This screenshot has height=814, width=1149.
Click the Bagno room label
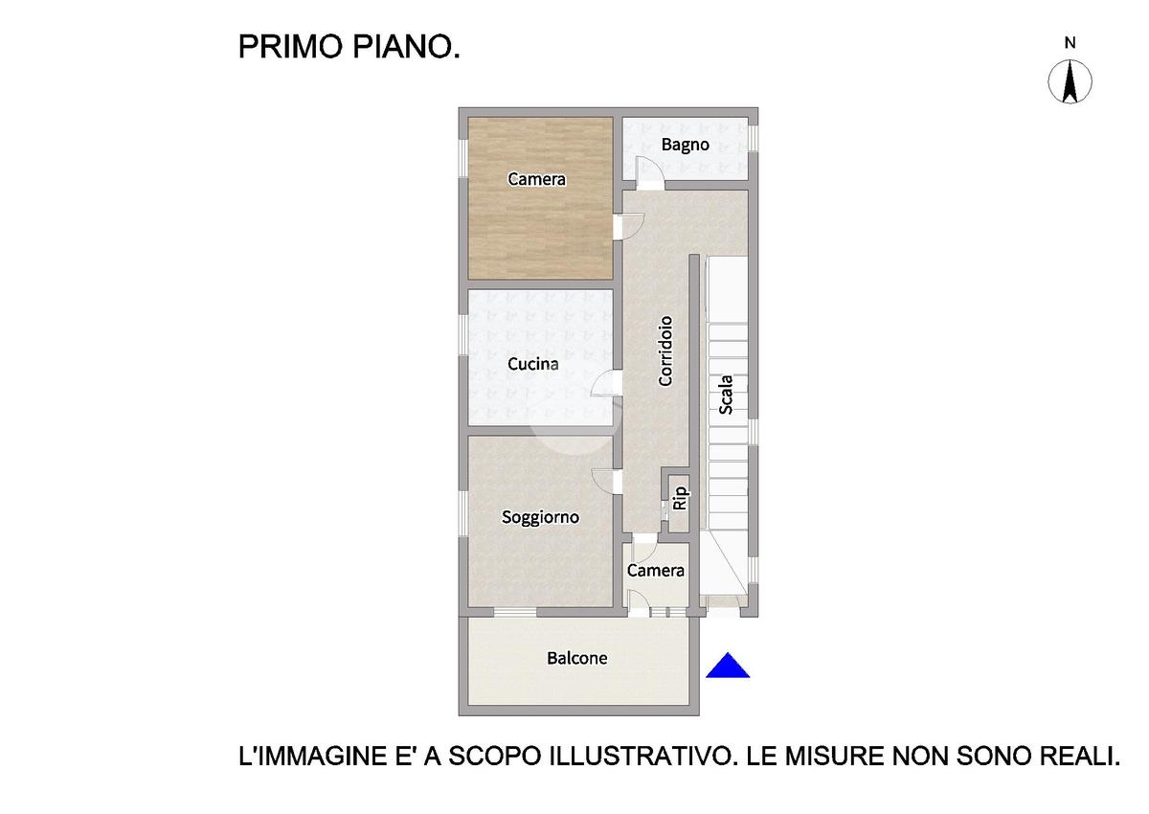685,146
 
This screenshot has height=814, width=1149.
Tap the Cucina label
533,364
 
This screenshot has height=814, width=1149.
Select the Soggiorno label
540,517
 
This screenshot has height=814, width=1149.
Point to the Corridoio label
665,350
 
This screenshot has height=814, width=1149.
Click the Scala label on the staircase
726,395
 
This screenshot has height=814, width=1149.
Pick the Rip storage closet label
679,498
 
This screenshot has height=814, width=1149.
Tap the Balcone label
577,658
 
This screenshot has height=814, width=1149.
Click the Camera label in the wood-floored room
536,179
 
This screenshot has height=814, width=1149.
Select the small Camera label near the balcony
656,571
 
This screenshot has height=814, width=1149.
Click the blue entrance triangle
728,667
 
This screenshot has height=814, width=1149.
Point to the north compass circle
1070,81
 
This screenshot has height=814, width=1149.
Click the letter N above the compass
1070,43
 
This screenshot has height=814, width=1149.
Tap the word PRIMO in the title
290,47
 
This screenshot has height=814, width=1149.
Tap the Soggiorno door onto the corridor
606,481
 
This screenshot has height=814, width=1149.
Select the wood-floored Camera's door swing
629,226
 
